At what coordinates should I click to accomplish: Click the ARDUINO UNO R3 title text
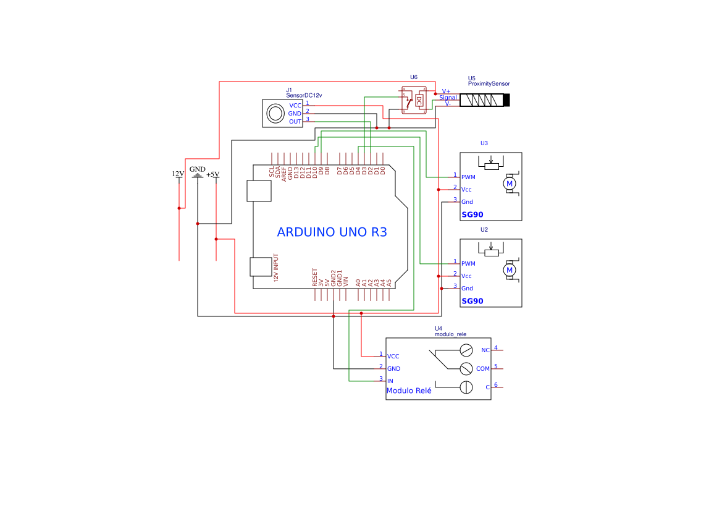(x=332, y=232)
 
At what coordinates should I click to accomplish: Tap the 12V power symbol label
(x=178, y=174)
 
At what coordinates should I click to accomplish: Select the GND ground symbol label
(x=198, y=169)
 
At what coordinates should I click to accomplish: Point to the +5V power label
(x=213, y=174)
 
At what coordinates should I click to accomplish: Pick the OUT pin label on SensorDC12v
(x=295, y=122)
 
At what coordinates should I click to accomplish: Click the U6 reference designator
(x=414, y=77)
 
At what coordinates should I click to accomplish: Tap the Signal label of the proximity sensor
(x=448, y=98)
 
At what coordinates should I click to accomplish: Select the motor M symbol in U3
(x=510, y=184)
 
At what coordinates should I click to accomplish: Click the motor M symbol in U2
(x=510, y=270)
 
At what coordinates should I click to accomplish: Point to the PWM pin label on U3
(x=468, y=177)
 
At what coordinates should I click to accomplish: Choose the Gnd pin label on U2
(x=467, y=289)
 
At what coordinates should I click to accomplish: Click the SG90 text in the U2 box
(x=472, y=301)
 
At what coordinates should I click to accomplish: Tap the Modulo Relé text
(x=409, y=391)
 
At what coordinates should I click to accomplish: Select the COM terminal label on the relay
(x=482, y=369)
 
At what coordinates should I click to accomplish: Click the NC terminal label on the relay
(x=485, y=350)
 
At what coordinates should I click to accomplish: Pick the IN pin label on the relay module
(x=390, y=381)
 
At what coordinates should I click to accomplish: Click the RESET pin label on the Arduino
(x=315, y=277)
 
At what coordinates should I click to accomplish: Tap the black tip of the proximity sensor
(x=507, y=100)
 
